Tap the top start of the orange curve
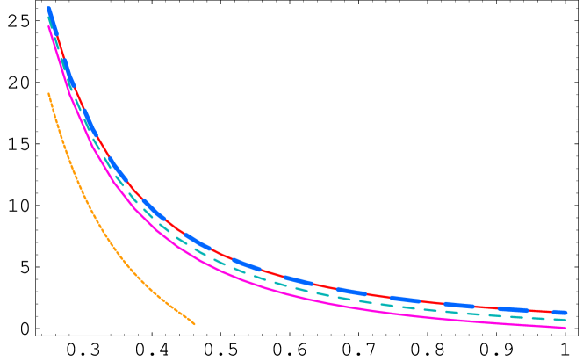point(48,93)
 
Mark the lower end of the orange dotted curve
point(194,323)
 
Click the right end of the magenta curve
point(565,328)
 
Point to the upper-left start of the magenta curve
point(48,26)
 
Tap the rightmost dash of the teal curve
point(560,319)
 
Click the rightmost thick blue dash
point(560,312)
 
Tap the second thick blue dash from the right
point(513,309)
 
